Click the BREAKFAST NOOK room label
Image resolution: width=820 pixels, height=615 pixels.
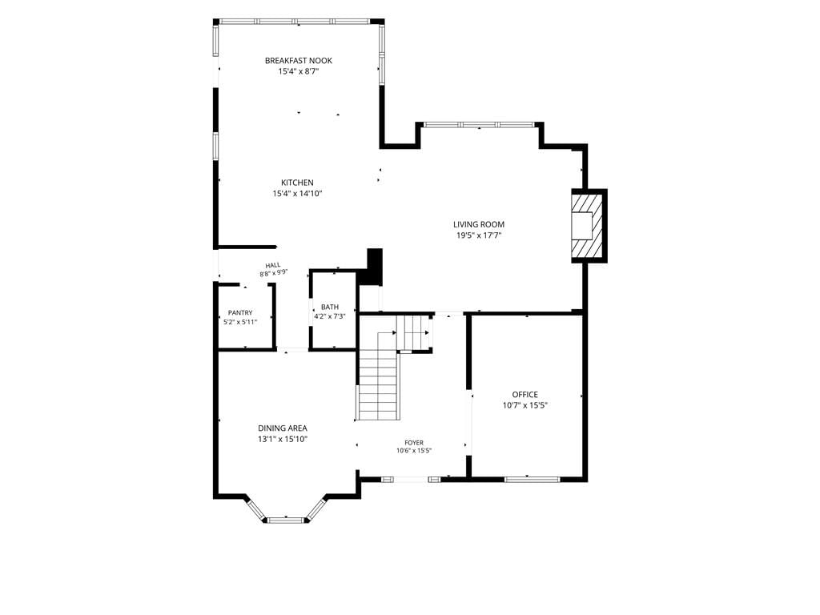pyautogui.click(x=298, y=61)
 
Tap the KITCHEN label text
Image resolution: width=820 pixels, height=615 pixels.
pyautogui.click(x=297, y=183)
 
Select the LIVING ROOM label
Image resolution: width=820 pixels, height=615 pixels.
pyautogui.click(x=479, y=224)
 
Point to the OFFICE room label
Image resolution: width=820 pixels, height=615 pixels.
pyautogui.click(x=525, y=394)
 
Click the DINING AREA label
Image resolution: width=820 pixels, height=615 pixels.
pyautogui.click(x=283, y=428)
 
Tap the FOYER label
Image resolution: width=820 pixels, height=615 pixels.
pyautogui.click(x=414, y=442)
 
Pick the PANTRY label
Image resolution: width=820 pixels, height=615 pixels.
pyautogui.click(x=240, y=313)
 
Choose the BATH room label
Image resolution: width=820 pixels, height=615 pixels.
pyautogui.click(x=329, y=307)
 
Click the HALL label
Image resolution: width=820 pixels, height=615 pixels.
pyautogui.click(x=272, y=265)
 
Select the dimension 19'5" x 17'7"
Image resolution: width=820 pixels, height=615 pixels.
pyautogui.click(x=479, y=235)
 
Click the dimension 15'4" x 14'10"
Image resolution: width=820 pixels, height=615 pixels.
pyautogui.click(x=297, y=194)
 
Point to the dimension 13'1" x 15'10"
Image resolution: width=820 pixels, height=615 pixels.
pyautogui.click(x=283, y=440)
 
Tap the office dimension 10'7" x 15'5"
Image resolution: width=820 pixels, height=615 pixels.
pyautogui.click(x=525, y=405)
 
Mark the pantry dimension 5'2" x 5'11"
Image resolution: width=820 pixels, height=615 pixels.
pyautogui.click(x=240, y=322)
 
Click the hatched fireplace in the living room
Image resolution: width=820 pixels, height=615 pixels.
pyautogui.click(x=589, y=225)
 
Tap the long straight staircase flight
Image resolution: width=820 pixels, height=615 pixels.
pyautogui.click(x=379, y=386)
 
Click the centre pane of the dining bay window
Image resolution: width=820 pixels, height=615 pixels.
pyautogui.click(x=286, y=520)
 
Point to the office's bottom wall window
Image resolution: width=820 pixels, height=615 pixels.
pyautogui.click(x=533, y=479)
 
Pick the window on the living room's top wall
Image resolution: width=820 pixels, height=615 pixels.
pyautogui.click(x=479, y=124)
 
